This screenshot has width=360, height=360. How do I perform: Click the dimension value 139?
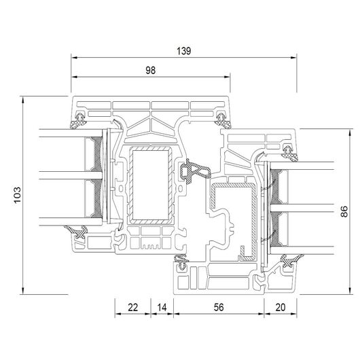[183, 51]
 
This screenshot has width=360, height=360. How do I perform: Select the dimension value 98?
[151, 71]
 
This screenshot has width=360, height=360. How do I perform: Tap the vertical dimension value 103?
[17, 195]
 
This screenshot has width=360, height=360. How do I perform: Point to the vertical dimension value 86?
[344, 211]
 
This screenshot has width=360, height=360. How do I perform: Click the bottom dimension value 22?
[133, 307]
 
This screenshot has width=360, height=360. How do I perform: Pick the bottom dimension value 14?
[162, 307]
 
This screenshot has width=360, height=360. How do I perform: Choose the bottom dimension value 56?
[219, 307]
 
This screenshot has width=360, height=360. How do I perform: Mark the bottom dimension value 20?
[281, 307]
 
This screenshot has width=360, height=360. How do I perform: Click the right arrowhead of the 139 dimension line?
[293, 58]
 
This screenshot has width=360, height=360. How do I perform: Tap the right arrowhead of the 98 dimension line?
[227, 77]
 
